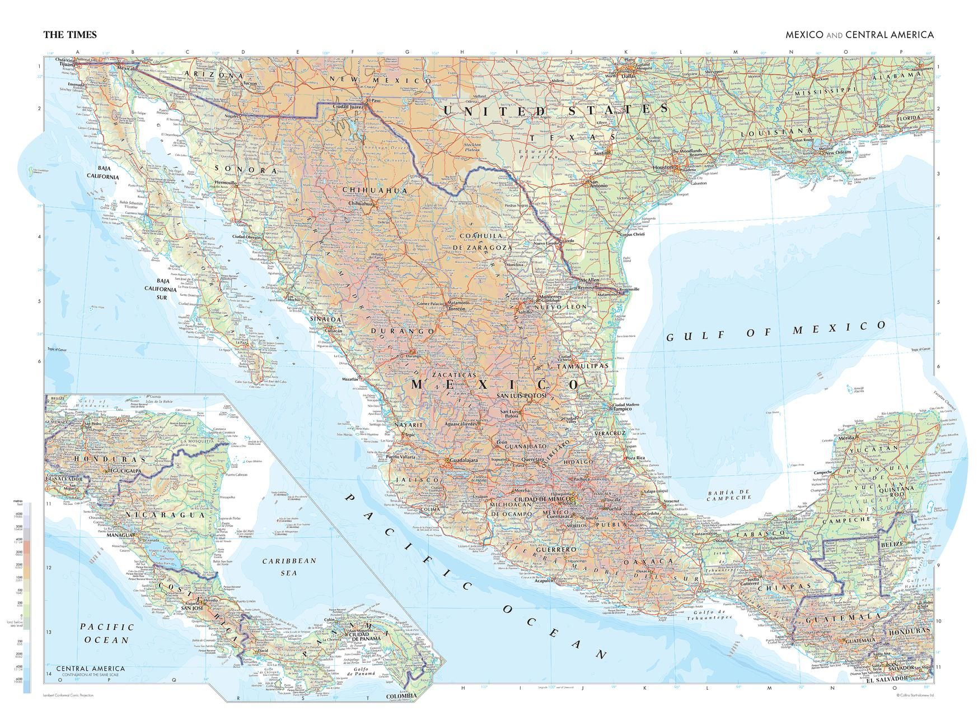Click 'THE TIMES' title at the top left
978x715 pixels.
point(70,35)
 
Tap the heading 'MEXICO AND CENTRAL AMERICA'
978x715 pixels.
point(859,35)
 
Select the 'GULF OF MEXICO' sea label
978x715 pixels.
point(776,332)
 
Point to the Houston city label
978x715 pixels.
point(663,167)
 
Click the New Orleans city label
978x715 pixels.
point(835,152)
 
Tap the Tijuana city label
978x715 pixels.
point(67,64)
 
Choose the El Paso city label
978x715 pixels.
point(373,101)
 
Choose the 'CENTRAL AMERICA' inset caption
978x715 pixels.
point(90,668)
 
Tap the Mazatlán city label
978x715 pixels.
point(350,379)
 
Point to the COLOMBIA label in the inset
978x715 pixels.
point(401,696)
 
